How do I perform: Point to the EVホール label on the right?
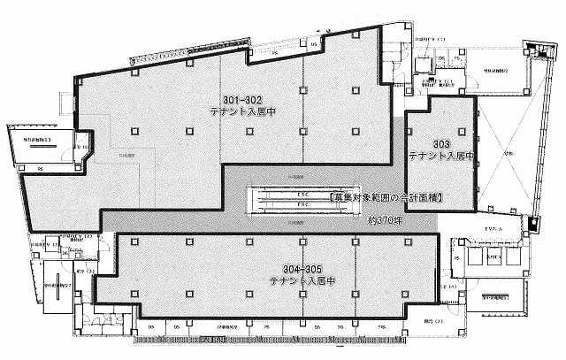click(x=493, y=232)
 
